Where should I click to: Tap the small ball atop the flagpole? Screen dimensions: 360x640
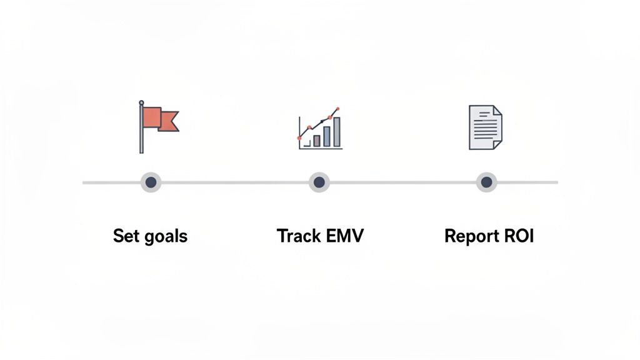[x=141, y=102]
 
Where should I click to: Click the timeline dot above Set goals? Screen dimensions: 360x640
[x=151, y=182]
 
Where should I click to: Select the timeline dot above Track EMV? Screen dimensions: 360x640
[x=319, y=182]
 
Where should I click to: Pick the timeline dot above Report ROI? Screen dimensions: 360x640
[x=486, y=182]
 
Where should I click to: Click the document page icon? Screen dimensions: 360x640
[x=485, y=127]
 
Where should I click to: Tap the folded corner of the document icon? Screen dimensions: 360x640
[x=497, y=110]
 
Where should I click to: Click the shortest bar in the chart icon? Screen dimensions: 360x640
[x=317, y=141]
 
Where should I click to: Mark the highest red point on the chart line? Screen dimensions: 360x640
[x=337, y=109]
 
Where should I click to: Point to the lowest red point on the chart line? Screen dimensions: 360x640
[x=300, y=137]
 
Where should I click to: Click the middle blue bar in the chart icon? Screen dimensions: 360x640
[x=327, y=136]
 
